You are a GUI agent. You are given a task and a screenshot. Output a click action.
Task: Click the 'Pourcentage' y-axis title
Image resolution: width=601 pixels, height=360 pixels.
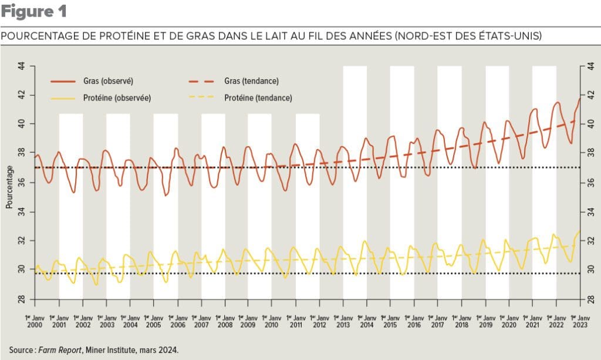coord(9,187)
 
